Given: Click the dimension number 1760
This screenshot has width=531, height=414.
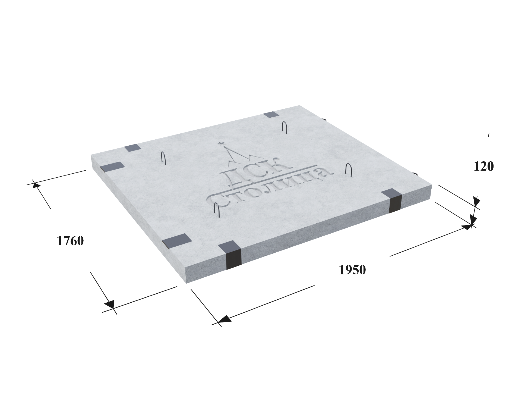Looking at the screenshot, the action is [70, 241].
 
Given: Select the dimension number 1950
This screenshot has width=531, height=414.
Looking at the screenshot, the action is [352, 270].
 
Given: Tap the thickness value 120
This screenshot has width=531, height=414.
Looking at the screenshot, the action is [483, 167].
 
